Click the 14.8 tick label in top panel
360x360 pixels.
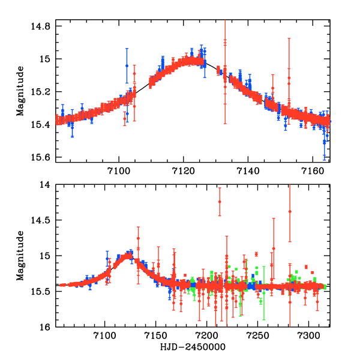pos(42,26)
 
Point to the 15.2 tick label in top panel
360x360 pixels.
pos(42,92)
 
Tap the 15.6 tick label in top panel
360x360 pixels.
pos(42,158)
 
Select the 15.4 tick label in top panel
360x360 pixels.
pos(42,125)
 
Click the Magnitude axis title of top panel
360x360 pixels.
pos(20,92)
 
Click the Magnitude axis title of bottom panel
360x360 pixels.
pos(20,256)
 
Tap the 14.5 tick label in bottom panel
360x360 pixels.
pos(42,221)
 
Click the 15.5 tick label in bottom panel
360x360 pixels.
pos(42,292)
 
